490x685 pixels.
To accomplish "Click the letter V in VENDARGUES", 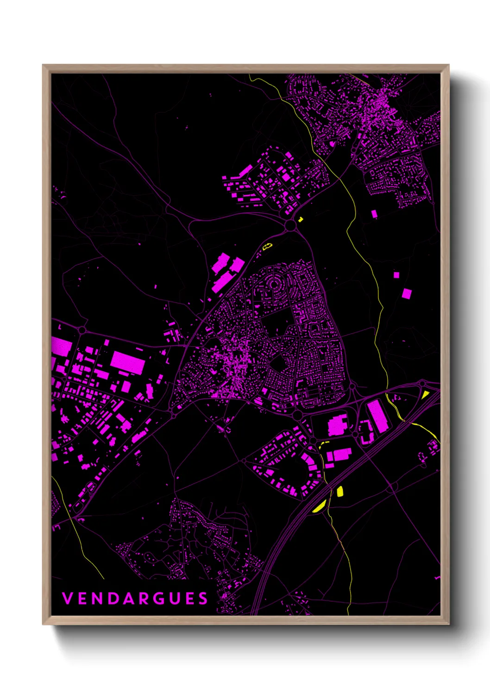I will tap(67, 598).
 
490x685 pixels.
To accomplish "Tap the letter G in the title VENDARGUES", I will tap(158, 598).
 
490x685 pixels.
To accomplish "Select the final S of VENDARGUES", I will tap(203, 598).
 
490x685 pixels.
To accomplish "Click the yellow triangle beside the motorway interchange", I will tap(425, 394).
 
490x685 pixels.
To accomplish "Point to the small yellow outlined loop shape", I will tap(267, 247).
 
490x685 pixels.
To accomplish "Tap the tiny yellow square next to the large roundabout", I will tap(301, 219).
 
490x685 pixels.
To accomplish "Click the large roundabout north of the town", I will tap(290, 225).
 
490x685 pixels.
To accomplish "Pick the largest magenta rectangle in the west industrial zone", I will tap(127, 362).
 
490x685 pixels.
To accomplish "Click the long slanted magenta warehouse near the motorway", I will tap(377, 416).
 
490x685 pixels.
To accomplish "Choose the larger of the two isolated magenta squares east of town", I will tap(406, 293).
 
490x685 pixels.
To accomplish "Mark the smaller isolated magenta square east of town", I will tap(396, 275).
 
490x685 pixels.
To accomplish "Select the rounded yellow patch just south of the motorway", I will tap(339, 491).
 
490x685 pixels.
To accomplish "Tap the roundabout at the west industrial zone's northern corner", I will tap(82, 330).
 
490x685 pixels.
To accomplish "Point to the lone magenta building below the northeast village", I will tap(374, 213).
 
